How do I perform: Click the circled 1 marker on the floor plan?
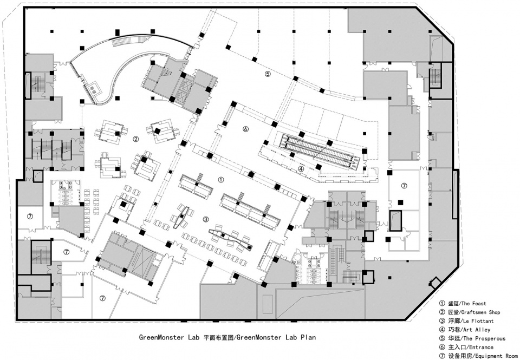[x=221, y=180]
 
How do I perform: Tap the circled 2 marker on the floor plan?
[x=135, y=139]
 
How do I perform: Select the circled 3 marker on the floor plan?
[x=206, y=219]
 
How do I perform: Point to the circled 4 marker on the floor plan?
[x=301, y=169]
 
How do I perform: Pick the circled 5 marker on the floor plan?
[x=268, y=74]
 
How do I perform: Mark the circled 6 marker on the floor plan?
[x=245, y=129]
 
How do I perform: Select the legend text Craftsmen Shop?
[x=480, y=312]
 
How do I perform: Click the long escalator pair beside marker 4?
[x=321, y=152]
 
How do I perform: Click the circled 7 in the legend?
[x=442, y=356]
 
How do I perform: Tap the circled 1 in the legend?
[x=442, y=303]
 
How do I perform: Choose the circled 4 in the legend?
[x=442, y=330]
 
